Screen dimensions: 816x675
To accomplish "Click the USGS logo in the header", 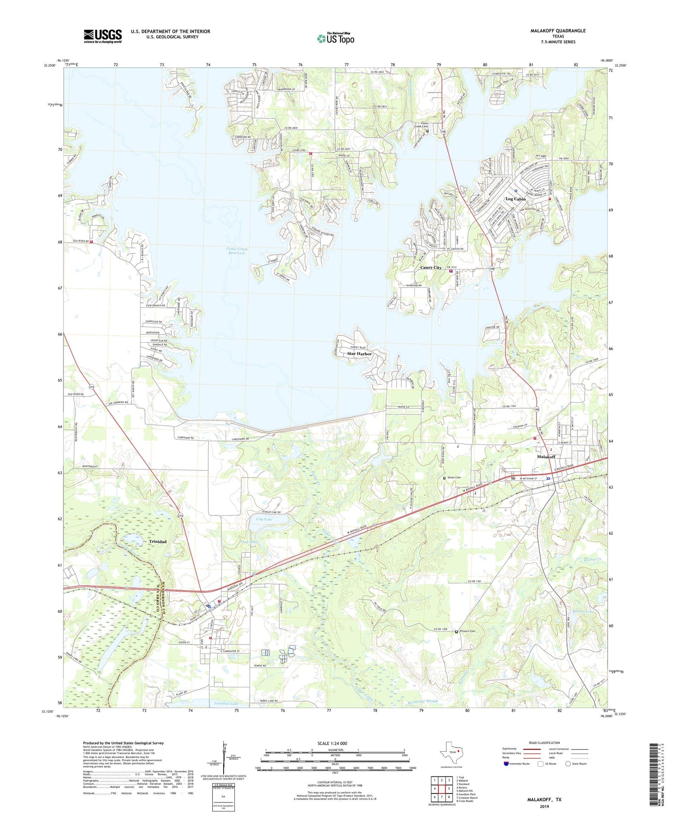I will tap(103, 36).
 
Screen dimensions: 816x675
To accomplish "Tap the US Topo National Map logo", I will tap(335, 38).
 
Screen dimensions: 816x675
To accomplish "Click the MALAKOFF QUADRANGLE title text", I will tap(552, 31).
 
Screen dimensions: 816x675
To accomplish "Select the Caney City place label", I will tap(431, 267).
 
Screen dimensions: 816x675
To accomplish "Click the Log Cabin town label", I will tap(515, 199).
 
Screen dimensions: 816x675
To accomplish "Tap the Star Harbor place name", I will tap(359, 354).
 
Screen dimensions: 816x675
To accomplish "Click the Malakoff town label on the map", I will tap(546, 456).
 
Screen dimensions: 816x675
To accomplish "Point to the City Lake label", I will tap(264, 519).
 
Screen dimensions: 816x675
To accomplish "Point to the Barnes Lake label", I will tap(570, 611).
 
